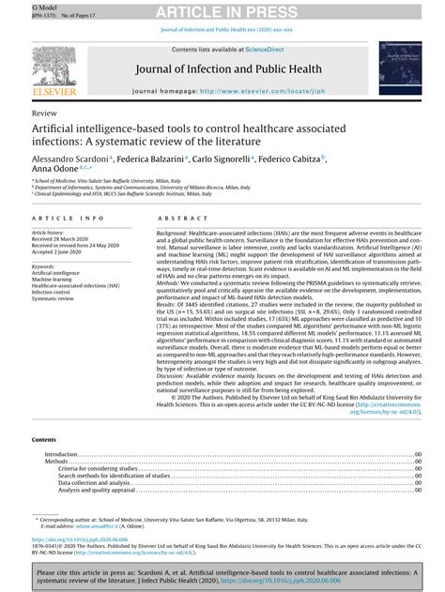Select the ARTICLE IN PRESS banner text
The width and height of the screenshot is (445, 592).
(x=222, y=10)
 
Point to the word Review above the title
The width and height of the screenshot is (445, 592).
(x=43, y=111)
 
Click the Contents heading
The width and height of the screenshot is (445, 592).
(x=44, y=439)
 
